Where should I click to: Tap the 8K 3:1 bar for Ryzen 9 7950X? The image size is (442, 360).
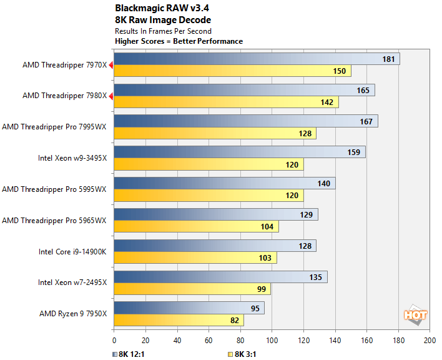tap(178, 320)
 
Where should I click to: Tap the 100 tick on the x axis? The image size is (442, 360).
tap(272, 340)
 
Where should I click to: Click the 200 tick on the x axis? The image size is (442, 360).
tap(430, 340)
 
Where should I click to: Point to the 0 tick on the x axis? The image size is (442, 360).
tap(114, 340)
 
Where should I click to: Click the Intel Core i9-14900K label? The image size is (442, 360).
tap(72, 251)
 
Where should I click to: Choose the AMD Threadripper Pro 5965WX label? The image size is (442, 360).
tap(55, 220)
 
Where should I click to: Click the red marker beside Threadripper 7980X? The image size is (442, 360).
tap(111, 96)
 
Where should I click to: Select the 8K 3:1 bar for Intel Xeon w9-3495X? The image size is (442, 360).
tap(209, 165)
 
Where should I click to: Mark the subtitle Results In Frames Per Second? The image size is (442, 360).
tap(163, 31)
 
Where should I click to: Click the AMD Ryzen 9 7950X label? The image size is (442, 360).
tap(73, 314)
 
